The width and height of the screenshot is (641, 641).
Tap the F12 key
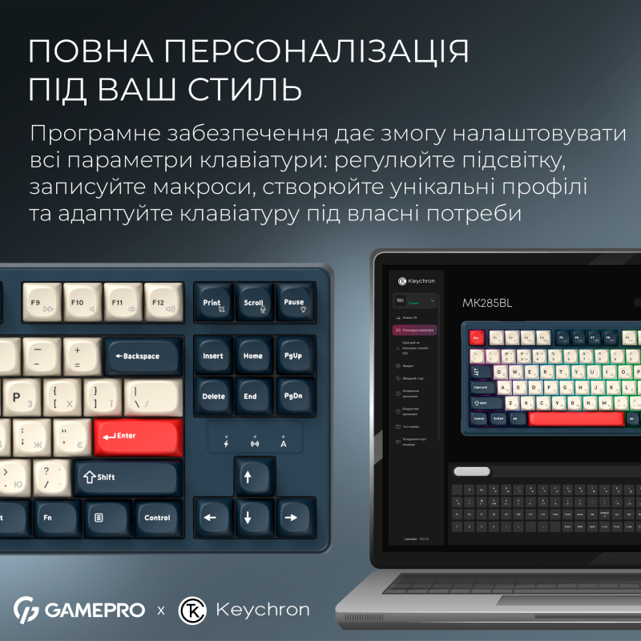(x=163, y=304)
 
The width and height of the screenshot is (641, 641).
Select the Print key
(x=212, y=304)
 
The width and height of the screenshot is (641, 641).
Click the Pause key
(x=294, y=304)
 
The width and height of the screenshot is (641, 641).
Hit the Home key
(x=253, y=356)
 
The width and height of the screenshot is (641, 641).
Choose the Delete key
(x=213, y=396)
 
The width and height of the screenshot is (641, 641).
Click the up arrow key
(x=248, y=478)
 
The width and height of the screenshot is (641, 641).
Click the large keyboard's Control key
(x=157, y=518)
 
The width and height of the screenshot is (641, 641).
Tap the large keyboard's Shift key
(x=127, y=478)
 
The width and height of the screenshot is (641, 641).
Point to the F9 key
(x=41, y=304)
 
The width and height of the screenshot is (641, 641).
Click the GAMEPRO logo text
(x=95, y=610)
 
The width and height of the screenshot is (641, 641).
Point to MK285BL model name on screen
(x=486, y=303)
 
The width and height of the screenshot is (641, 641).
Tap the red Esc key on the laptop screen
(x=476, y=338)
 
